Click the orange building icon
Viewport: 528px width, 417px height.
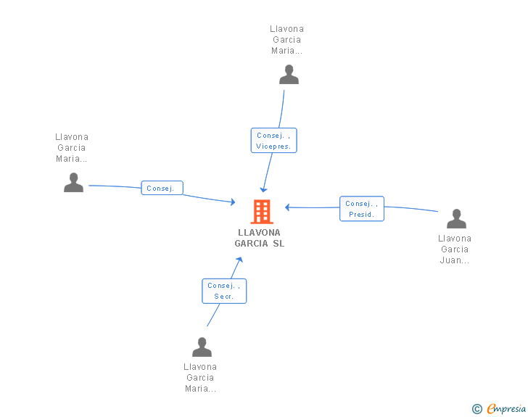[262, 212]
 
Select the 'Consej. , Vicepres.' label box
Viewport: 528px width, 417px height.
[273, 141]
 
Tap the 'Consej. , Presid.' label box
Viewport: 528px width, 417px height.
[362, 209]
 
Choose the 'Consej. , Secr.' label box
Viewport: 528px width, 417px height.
[224, 291]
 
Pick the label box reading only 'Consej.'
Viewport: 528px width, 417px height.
[162, 188]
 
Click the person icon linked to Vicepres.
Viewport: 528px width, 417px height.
[289, 75]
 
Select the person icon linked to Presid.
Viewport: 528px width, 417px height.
[456, 218]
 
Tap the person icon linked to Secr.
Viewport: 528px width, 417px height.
[202, 347]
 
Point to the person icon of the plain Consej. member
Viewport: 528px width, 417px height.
[74, 183]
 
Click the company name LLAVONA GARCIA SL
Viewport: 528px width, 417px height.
[260, 238]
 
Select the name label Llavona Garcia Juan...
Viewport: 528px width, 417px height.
[455, 249]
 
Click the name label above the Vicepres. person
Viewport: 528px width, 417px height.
[287, 40]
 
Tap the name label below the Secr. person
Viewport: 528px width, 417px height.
[200, 378]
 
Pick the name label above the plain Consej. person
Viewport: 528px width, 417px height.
[72, 148]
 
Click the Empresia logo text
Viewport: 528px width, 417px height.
[506, 408]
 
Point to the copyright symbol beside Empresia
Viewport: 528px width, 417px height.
[477, 409]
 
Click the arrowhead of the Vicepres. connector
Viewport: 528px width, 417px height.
[264, 189]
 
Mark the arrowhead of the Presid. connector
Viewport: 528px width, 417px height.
[287, 207]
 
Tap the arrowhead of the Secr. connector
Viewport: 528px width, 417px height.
[239, 260]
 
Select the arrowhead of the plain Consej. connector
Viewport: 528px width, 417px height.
[233, 202]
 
